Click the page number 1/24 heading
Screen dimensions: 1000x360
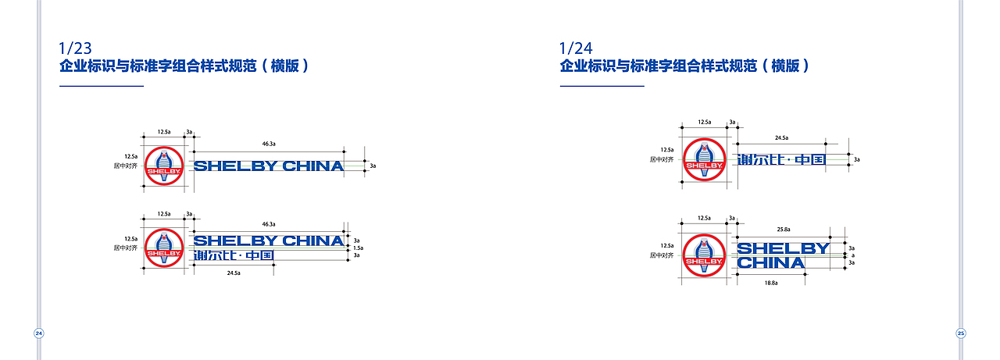[576, 48]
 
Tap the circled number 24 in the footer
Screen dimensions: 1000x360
[38, 333]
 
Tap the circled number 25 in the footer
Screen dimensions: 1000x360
[961, 333]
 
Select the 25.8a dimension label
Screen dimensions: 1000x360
[784, 230]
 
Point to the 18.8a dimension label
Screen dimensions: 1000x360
[770, 283]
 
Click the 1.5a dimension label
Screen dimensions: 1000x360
[357, 248]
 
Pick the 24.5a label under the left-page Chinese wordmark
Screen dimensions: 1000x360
[233, 273]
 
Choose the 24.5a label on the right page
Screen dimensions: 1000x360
[781, 137]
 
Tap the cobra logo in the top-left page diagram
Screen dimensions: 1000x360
[164, 166]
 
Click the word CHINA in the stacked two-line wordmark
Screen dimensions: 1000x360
[770, 263]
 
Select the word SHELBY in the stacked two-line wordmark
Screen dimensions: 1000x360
[783, 249]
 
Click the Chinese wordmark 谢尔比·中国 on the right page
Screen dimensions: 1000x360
[781, 160]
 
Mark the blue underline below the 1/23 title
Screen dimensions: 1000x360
[102, 86]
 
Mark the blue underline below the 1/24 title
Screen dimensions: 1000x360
[602, 86]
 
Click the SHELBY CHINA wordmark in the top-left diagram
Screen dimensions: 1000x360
[268, 166]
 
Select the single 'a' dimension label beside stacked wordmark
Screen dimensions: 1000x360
[852, 255]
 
